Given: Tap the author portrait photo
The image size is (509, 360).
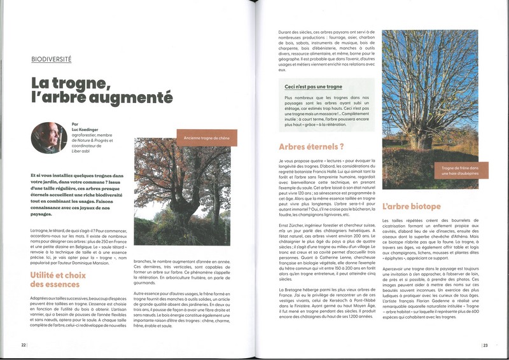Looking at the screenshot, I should pos(48,137).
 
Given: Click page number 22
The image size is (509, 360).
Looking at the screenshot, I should pos(23,345).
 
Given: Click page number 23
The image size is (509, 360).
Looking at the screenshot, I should pos(485,345).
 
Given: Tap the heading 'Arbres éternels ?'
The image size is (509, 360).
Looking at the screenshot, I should pos(307,147).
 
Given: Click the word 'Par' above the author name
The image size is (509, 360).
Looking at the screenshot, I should pos(75,124).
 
